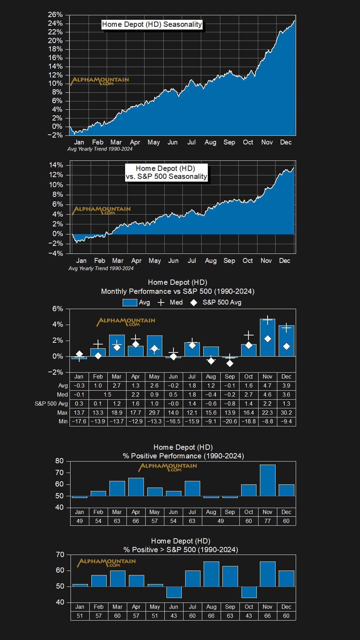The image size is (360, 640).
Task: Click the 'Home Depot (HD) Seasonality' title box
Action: tap(152, 24)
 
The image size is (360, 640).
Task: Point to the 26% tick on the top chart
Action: tap(55, 15)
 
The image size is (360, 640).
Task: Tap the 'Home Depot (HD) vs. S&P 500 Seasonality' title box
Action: tap(166, 172)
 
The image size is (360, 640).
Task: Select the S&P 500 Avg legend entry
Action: tap(216, 302)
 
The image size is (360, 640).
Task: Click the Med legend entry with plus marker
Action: tap(170, 302)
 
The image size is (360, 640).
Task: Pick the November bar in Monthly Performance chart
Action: tap(267, 338)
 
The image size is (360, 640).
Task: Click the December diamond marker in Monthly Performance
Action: tap(286, 346)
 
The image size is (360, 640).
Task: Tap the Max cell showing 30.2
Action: tap(286, 413)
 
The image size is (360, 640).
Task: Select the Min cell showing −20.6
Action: tap(230, 421)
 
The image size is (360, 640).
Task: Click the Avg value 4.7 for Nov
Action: tap(267, 385)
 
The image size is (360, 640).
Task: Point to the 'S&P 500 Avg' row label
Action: tap(51, 404)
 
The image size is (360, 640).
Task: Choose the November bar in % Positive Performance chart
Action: tap(268, 480)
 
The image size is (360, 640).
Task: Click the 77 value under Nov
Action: tap(268, 521)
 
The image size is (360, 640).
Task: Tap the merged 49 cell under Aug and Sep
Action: tap(221, 521)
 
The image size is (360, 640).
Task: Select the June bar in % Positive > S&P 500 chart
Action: tap(174, 592)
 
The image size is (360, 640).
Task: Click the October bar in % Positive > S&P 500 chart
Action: tap(249, 592)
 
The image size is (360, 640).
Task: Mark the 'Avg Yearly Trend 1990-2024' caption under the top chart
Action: tap(100, 149)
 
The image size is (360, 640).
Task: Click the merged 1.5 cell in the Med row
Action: tap(107, 394)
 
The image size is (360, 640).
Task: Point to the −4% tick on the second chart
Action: tap(56, 253)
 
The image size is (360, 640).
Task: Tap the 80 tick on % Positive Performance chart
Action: tap(59, 461)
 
